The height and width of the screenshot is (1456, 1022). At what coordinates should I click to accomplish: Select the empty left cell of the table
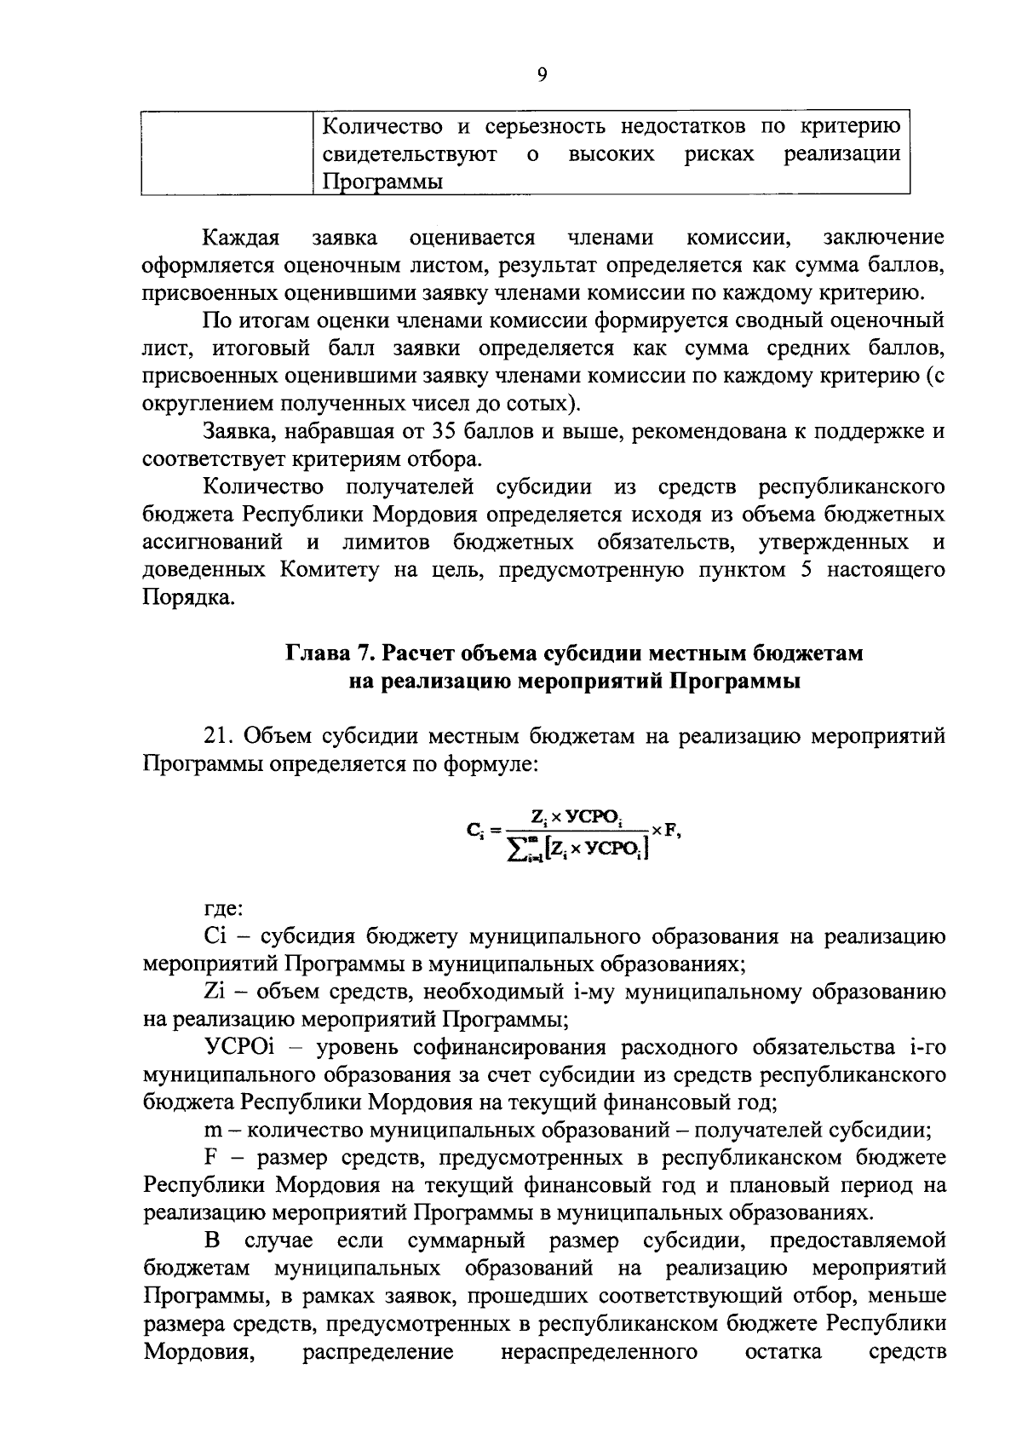tap(226, 154)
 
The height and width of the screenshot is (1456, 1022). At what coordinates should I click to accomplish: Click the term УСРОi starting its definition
tap(239, 1047)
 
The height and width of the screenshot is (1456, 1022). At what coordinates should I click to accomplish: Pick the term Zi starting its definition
tap(215, 992)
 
